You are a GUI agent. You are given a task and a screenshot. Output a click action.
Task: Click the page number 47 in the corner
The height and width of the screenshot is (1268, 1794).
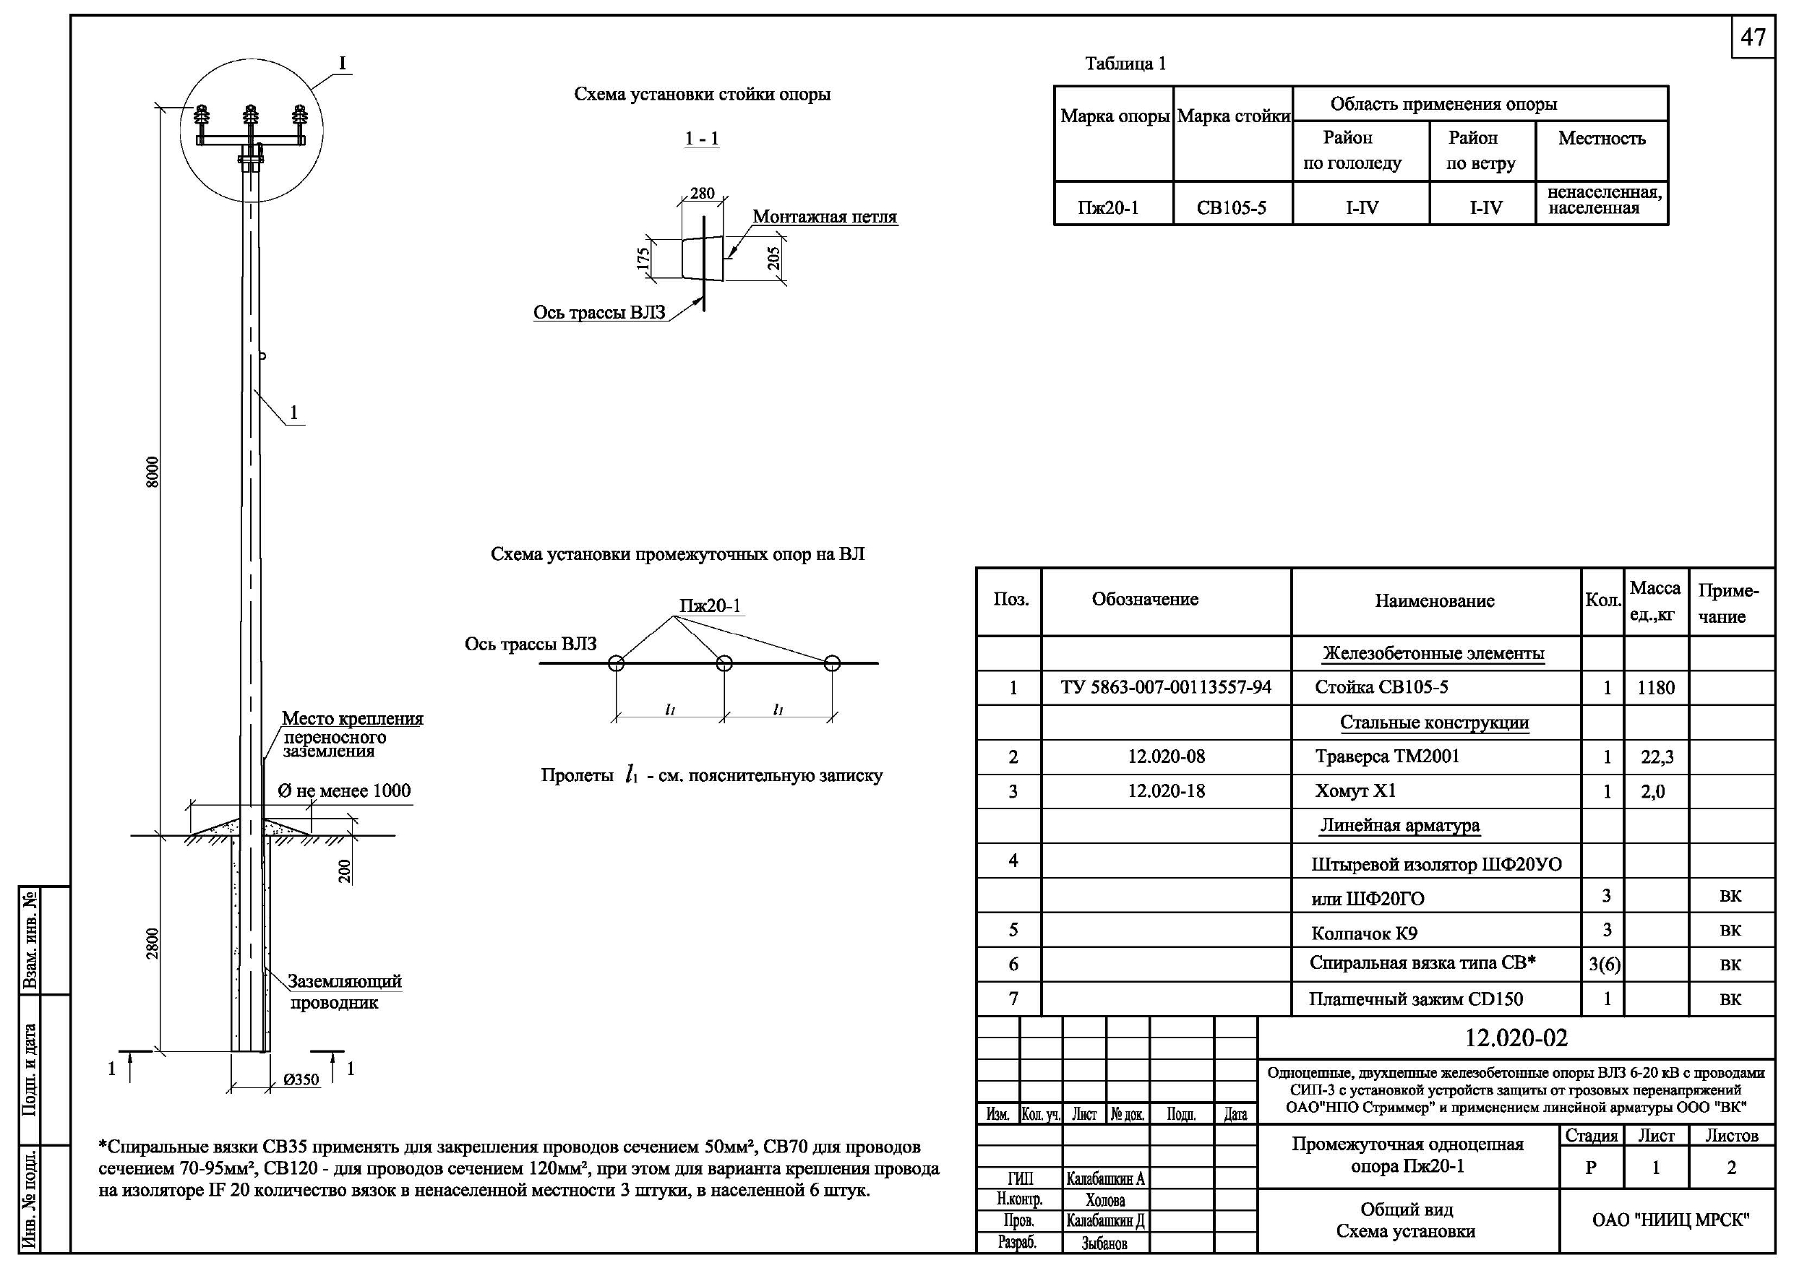[x=1754, y=38]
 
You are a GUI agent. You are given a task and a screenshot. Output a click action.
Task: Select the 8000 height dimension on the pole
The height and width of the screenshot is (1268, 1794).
[x=153, y=473]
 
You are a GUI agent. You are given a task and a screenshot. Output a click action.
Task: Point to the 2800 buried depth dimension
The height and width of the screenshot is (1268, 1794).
[x=153, y=943]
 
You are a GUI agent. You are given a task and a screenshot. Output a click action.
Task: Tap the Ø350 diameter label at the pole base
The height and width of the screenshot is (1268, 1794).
[x=301, y=1079]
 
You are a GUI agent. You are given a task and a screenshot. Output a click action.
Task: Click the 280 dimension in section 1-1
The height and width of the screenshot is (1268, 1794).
[x=703, y=193]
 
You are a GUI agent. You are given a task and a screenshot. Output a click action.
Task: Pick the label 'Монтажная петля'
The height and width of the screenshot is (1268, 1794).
[x=824, y=217]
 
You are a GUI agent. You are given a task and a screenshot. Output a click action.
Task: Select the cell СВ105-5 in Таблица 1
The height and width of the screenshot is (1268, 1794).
[x=1232, y=208]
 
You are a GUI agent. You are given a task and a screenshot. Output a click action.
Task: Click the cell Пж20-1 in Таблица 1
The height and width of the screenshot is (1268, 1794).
[x=1108, y=208]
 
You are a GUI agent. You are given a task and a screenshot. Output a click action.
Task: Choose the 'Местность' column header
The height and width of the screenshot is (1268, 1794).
[x=1601, y=138]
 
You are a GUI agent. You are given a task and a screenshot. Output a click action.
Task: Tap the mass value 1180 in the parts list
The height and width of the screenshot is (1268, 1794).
[x=1656, y=688]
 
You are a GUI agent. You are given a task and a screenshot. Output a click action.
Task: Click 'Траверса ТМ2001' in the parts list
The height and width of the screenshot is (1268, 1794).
[x=1387, y=756]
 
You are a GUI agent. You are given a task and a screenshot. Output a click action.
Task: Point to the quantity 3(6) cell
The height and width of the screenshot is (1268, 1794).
[x=1604, y=965]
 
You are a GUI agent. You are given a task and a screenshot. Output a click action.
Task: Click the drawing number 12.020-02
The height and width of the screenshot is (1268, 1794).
[x=1516, y=1038]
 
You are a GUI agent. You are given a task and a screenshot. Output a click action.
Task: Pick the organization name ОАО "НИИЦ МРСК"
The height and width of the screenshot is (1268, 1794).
[x=1670, y=1220]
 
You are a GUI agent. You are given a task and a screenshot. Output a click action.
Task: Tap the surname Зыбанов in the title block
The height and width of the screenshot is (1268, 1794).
[x=1104, y=1243]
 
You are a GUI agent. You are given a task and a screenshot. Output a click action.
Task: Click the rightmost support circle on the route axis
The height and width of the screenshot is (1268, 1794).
[x=832, y=663]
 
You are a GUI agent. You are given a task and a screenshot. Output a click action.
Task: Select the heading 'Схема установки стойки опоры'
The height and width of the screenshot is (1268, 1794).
[x=702, y=95]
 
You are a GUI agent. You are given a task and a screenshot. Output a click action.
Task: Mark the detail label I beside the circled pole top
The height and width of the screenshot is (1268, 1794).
[x=342, y=64]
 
